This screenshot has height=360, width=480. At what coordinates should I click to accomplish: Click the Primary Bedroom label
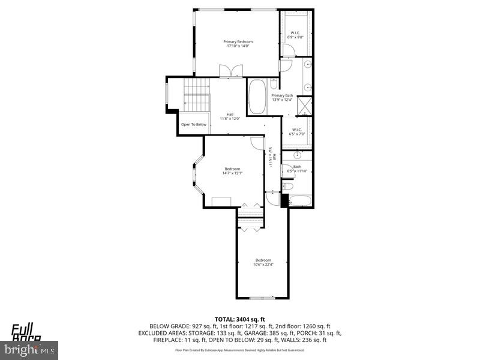[x=238, y=41]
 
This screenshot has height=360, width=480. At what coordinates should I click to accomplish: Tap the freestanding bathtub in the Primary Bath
[x=257, y=97]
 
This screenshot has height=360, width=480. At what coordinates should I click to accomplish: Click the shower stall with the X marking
[x=305, y=106]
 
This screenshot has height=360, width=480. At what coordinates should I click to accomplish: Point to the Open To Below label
[x=194, y=124]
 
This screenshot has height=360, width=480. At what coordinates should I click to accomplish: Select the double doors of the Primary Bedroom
[x=230, y=71]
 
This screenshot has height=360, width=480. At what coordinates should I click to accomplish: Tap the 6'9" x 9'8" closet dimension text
[x=296, y=37]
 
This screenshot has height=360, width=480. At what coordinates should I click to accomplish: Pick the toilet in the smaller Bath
[x=287, y=187]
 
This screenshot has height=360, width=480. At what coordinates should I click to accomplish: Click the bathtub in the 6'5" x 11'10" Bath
[x=298, y=200]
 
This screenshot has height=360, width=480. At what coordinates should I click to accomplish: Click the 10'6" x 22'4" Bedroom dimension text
[x=263, y=265]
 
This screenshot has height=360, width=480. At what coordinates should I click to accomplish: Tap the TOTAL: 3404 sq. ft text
[x=240, y=319]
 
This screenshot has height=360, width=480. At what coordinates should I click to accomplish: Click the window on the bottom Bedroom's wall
[x=262, y=298]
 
